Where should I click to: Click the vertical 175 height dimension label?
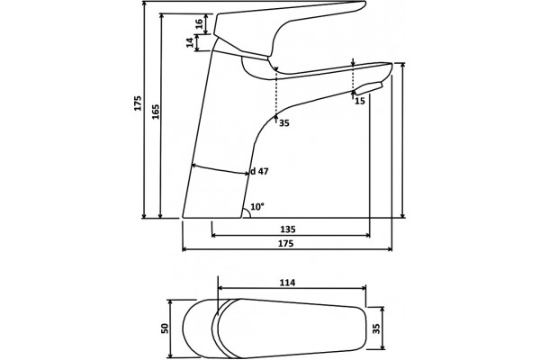click(138, 103)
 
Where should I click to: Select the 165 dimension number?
click(156, 112)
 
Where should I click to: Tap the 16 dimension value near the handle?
click(199, 23)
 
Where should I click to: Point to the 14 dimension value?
click(190, 42)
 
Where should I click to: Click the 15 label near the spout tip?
click(359, 101)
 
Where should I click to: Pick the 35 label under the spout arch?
click(284, 123)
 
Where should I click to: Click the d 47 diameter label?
click(259, 171)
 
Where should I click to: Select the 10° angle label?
click(257, 207)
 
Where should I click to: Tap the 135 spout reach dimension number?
click(288, 229)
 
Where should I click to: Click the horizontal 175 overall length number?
click(286, 243)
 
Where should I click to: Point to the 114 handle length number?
click(287, 283)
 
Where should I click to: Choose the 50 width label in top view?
click(165, 328)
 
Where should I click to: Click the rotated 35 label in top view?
click(376, 328)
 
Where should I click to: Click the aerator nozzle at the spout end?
click(368, 88)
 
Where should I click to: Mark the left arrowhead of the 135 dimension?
click(214, 235)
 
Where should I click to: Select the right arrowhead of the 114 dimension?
click(363, 288)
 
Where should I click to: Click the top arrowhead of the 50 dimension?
click(169, 302)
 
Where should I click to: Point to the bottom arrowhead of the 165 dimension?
click(160, 215)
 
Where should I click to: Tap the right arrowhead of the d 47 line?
click(246, 174)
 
